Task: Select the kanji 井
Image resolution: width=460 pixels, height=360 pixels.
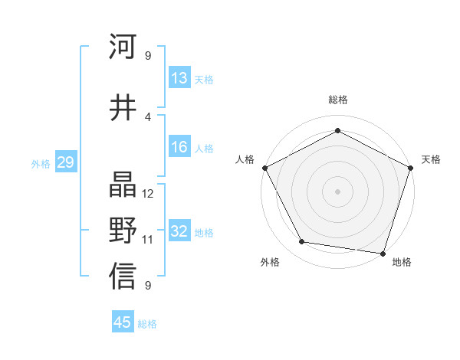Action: [123, 106]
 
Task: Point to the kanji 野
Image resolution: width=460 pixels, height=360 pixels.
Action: [123, 230]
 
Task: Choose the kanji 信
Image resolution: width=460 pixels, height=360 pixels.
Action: [123, 276]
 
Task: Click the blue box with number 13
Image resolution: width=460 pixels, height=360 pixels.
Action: [179, 78]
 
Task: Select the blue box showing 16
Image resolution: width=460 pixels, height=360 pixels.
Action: [179, 147]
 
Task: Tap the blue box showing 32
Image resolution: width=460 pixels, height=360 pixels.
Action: [179, 231]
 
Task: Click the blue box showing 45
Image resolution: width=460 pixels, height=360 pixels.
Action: [123, 322]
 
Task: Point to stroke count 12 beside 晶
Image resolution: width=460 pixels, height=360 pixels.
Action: [149, 193]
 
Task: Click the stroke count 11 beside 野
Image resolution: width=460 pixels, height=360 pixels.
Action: [148, 239]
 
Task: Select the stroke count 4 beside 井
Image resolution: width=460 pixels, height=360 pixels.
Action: [148, 116]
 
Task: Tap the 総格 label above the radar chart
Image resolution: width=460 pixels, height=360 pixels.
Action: [337, 100]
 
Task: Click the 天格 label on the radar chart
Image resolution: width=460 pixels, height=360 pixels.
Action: [431, 159]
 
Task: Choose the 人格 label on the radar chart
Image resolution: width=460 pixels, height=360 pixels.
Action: [245, 159]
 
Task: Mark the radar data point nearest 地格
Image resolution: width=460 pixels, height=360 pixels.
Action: [383, 253]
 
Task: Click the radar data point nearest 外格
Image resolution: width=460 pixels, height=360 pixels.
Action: [302, 242]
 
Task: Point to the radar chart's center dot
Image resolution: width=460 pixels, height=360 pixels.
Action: [337, 191]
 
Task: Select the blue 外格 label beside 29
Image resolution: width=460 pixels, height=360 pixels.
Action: [40, 163]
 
